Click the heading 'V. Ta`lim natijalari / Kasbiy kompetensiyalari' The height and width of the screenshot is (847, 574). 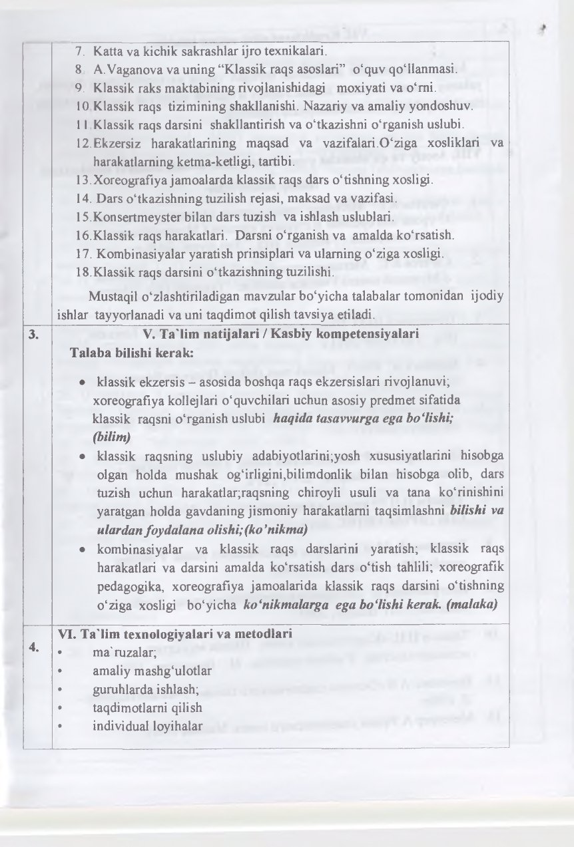(x=281, y=335)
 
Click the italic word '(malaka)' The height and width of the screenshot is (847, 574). (x=476, y=606)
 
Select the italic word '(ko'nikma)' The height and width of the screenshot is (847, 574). (x=275, y=530)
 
